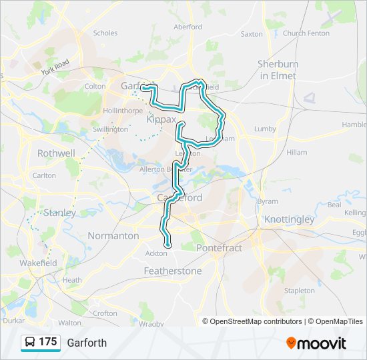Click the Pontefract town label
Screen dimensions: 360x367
(x=219, y=247)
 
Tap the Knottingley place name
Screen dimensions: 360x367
(x=289, y=219)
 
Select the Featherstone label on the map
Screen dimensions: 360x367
(x=173, y=271)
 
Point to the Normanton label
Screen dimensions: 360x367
(x=113, y=236)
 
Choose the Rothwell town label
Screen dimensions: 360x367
(x=56, y=153)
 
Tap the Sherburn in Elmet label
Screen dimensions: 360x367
(x=278, y=69)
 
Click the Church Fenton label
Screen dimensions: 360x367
(x=306, y=33)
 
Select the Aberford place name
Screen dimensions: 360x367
(x=188, y=27)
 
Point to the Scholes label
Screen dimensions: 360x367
(x=105, y=33)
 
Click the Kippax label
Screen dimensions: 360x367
(x=161, y=119)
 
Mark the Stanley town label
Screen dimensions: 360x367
(x=59, y=213)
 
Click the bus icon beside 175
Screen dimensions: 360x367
(x=29, y=343)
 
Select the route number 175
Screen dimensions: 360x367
(x=47, y=342)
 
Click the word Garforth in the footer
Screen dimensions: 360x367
(x=87, y=343)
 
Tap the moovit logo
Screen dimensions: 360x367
(x=316, y=343)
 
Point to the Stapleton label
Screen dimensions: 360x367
(x=299, y=291)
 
